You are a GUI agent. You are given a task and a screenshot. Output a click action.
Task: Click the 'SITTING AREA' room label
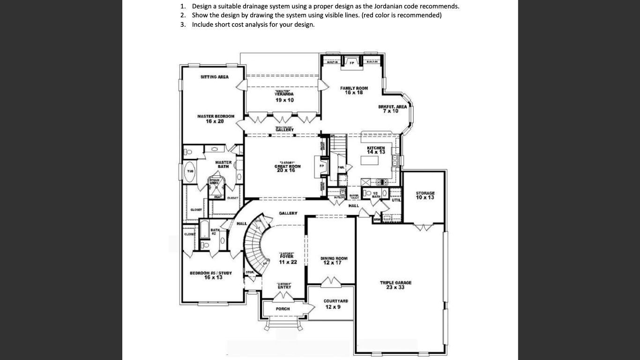[x=214, y=77]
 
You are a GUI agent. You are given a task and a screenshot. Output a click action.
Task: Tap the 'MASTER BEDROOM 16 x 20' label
[x=216, y=119]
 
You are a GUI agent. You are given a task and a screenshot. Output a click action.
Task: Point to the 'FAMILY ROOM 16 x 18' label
[x=354, y=90]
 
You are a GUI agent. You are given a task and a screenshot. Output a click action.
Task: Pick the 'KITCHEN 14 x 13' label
[x=376, y=150]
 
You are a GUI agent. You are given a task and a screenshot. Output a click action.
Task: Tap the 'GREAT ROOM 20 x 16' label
[x=287, y=168]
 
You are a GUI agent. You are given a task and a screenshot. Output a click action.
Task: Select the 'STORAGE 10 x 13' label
[x=425, y=195]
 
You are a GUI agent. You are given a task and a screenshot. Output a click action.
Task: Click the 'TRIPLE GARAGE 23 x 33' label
[x=395, y=285]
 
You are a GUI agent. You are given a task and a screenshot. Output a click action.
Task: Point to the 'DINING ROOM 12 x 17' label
[x=334, y=261]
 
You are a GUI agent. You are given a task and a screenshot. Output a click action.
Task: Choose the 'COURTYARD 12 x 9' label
[x=333, y=304]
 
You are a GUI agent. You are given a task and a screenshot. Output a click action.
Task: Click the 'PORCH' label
[x=283, y=309]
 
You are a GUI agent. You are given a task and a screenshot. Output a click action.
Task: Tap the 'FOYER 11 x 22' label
[x=287, y=259]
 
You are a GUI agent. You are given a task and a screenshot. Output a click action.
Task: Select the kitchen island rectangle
[x=369, y=161]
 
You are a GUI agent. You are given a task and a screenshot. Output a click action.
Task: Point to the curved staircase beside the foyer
[x=256, y=244]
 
